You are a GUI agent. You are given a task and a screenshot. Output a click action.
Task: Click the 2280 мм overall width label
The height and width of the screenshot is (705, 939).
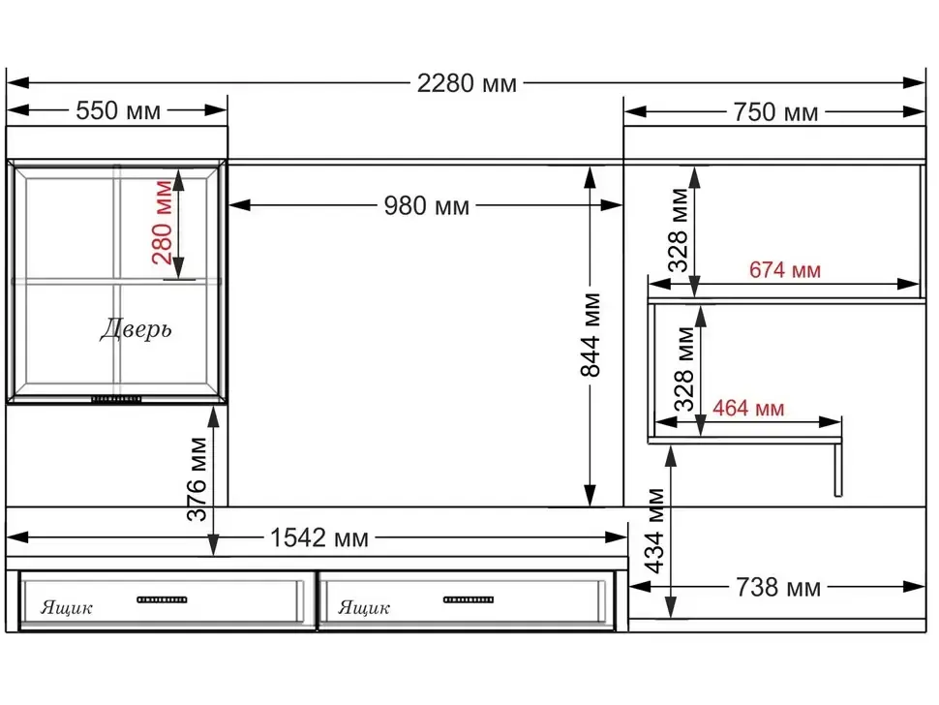pyautogui.click(x=467, y=83)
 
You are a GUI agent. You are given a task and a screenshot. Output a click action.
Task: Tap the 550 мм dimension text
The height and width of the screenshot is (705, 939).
pyautogui.click(x=118, y=110)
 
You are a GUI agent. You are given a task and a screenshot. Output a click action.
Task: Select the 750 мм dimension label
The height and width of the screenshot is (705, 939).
pyautogui.click(x=775, y=112)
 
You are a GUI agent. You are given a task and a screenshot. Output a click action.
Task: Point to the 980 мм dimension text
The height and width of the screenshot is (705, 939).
pyautogui.click(x=426, y=205)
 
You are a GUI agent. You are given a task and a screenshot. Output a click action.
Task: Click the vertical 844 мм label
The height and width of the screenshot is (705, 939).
pyautogui.click(x=591, y=335)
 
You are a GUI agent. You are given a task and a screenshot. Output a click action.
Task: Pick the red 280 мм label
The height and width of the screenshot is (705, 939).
pyautogui.click(x=163, y=222)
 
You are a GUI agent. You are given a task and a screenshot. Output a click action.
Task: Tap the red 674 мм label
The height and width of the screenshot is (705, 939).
pyautogui.click(x=784, y=270)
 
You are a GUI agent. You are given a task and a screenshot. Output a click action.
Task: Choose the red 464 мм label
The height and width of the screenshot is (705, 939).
pyautogui.click(x=748, y=409)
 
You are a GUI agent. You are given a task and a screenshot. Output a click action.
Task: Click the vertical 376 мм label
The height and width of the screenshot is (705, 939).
pyautogui.click(x=197, y=479)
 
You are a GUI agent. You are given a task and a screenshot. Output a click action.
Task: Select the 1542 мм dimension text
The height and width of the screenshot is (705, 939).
pyautogui.click(x=319, y=537)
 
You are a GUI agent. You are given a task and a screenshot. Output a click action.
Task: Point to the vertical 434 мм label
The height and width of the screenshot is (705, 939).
pyautogui.click(x=655, y=532)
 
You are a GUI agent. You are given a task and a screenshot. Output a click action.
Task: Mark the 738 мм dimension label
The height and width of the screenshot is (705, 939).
pyautogui.click(x=778, y=588)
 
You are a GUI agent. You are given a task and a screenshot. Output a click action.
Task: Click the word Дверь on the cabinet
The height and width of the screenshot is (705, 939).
pyautogui.click(x=136, y=329)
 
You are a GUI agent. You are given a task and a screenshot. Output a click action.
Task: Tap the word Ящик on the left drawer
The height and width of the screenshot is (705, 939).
pyautogui.click(x=66, y=607)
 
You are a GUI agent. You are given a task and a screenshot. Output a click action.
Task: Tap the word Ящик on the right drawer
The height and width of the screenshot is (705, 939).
pyautogui.click(x=364, y=607)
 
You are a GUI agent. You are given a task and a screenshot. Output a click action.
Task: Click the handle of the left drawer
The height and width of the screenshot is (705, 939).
pyautogui.click(x=162, y=599)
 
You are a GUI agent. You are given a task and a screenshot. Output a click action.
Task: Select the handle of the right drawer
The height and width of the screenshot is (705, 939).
pyautogui.click(x=469, y=599)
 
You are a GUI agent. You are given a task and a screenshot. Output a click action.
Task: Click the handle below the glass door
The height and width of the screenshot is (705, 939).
pyautogui.click(x=116, y=399)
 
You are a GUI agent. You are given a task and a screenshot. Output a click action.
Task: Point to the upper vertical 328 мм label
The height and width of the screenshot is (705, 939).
pyautogui.click(x=679, y=230)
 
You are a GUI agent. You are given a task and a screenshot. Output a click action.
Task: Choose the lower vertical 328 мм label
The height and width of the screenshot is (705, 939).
pyautogui.click(x=683, y=369)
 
